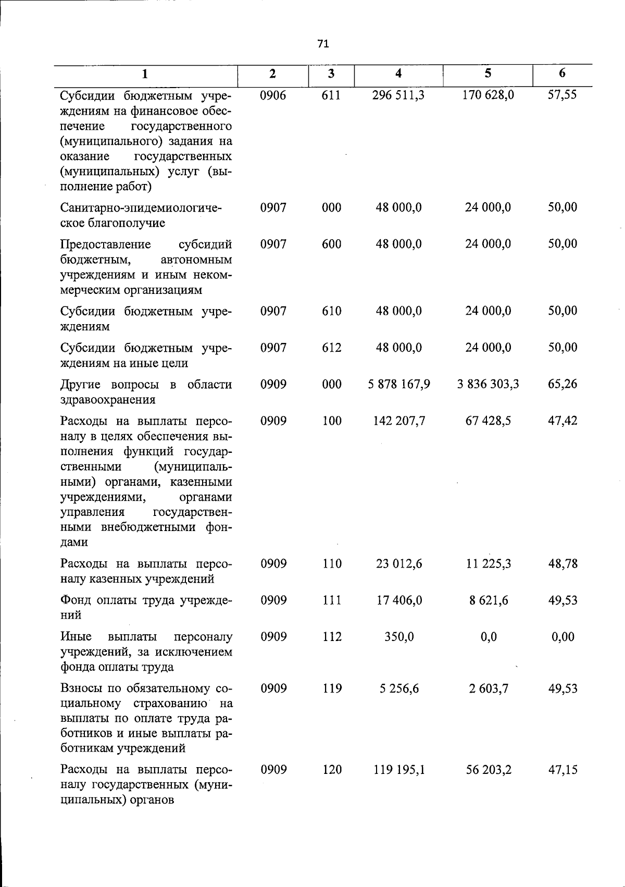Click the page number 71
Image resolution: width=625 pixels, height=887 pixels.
(x=323, y=44)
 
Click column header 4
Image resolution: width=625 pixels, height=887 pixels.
(x=398, y=73)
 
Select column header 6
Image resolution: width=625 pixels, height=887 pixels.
(x=562, y=73)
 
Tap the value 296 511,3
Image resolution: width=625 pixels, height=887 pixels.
(x=398, y=95)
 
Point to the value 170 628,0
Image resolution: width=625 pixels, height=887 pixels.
(x=488, y=95)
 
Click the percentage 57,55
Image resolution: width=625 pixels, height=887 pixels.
(x=562, y=95)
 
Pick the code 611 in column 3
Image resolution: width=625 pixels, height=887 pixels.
(x=331, y=95)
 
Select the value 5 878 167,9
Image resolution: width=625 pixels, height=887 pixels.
(x=398, y=385)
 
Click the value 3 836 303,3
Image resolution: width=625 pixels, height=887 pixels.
(x=488, y=385)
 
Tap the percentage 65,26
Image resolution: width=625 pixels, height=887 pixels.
(x=562, y=385)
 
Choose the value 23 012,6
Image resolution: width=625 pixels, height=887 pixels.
(x=399, y=564)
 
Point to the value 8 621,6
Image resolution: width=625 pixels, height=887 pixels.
(x=488, y=600)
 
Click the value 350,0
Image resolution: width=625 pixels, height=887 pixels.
(x=399, y=637)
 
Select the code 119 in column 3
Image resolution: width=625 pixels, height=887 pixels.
(x=331, y=689)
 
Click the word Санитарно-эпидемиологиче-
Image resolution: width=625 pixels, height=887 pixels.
(x=141, y=208)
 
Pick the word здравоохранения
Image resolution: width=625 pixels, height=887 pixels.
(x=108, y=400)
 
